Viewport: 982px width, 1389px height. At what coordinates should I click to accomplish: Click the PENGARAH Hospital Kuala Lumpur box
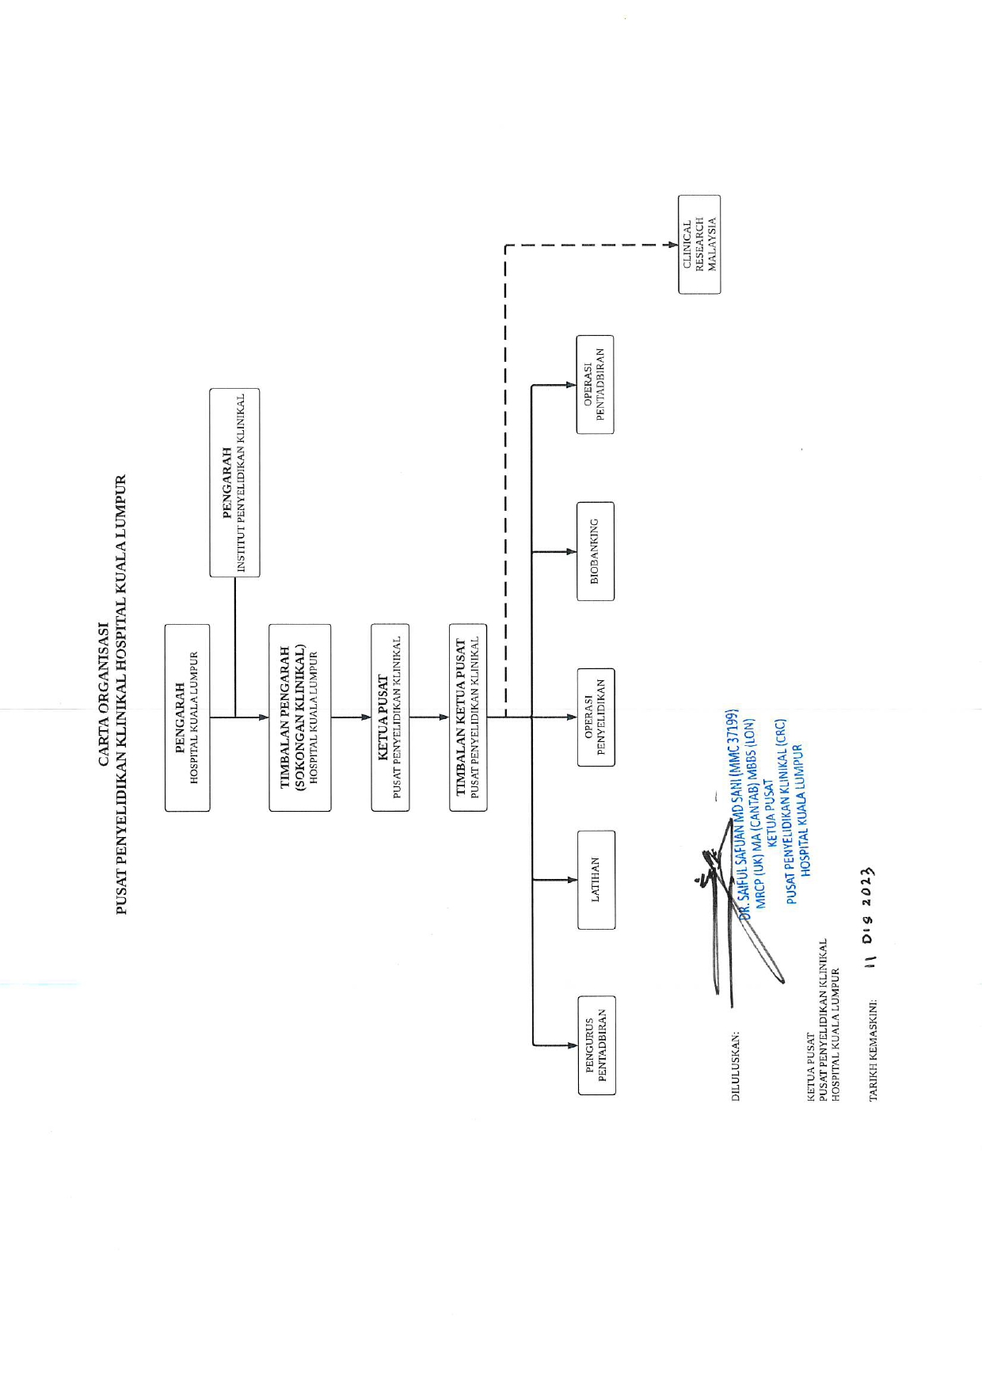188,717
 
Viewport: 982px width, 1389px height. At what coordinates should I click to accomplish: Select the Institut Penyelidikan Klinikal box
234,482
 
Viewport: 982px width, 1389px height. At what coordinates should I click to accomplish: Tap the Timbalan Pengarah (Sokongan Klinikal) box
300,717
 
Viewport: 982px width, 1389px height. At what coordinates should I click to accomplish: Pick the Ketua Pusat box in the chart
390,717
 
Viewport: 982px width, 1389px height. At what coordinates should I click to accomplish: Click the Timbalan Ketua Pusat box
468,717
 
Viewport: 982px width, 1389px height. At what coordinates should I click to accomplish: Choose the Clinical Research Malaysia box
699,245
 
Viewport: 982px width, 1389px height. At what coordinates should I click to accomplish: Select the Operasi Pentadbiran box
595,385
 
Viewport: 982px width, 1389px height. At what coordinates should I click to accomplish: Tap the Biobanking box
596,551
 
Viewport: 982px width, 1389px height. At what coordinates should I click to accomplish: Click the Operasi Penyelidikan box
596,717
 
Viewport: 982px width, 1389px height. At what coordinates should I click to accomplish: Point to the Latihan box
596,880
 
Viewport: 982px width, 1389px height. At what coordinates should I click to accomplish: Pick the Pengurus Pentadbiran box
597,1045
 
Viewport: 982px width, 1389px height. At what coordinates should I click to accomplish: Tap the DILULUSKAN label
736,1066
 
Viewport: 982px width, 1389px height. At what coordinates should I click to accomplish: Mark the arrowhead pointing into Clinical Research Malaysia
672,245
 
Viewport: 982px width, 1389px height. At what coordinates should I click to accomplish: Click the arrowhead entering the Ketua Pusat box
365,717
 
